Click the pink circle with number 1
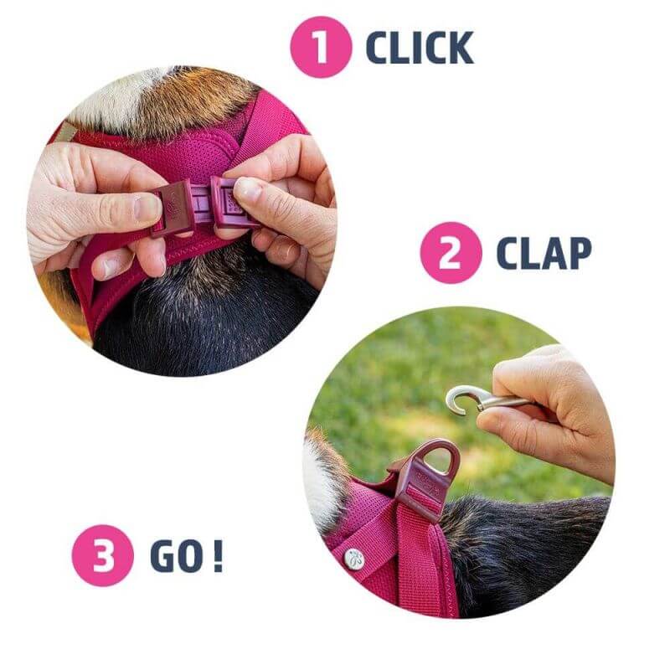321,47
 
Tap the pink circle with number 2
451,253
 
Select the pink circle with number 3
102,555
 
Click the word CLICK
420,48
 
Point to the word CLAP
544,253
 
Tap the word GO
176,556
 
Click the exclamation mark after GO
218,556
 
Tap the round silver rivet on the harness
354,559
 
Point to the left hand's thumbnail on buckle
147,208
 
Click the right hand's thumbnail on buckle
249,189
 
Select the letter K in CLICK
459,48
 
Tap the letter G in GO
162,556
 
